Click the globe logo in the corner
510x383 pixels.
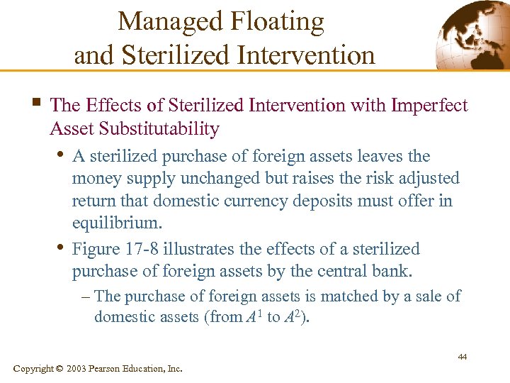(x=472, y=34)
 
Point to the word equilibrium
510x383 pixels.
(x=116, y=223)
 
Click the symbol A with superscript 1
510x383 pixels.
(x=254, y=316)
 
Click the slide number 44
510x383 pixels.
(x=461, y=357)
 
